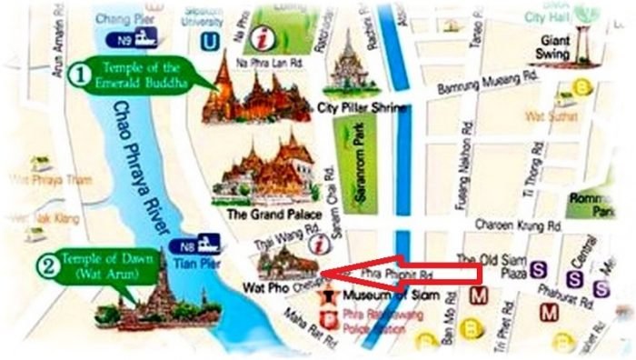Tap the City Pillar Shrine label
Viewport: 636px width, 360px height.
coord(361,107)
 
